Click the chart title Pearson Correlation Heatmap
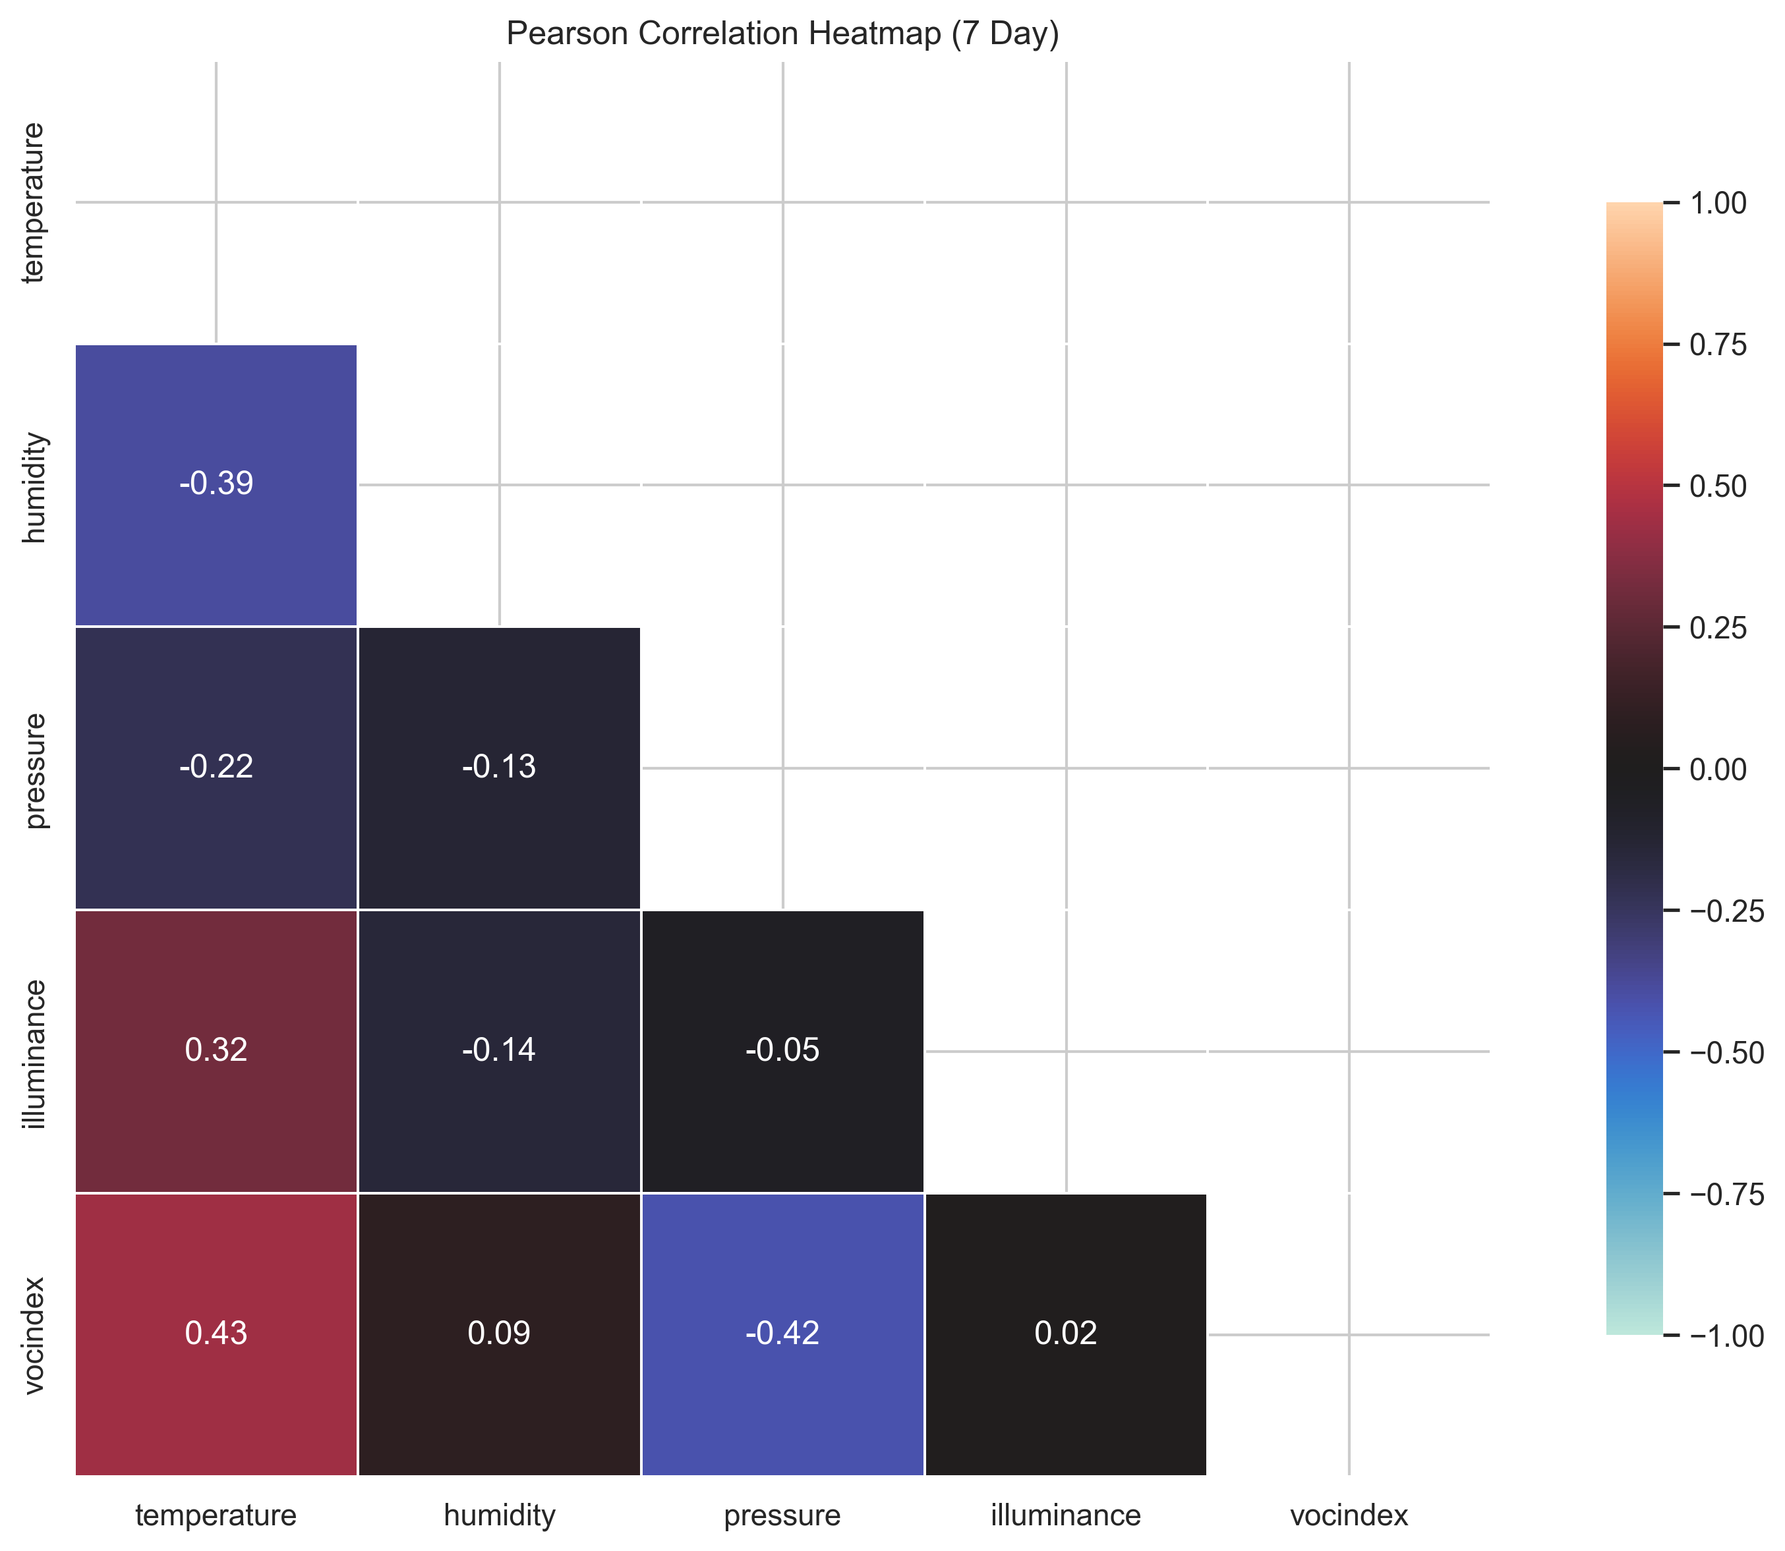782,34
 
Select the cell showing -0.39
216,484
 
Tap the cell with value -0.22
216,767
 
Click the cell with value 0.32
216,1050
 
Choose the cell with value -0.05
782,1050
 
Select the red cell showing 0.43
216,1333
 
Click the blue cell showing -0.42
782,1333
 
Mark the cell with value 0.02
1066,1333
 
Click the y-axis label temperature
35,202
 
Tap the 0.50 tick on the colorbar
1718,486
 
